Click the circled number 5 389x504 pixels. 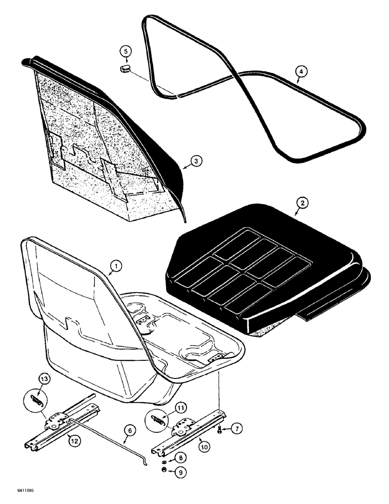click(x=126, y=51)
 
